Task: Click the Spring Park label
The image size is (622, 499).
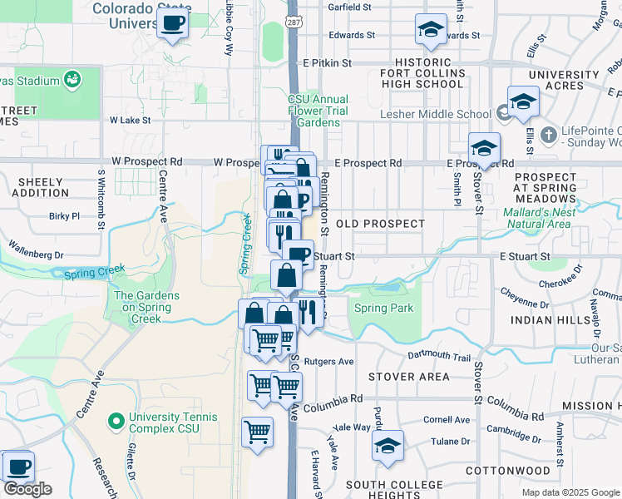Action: pyautogui.click(x=383, y=309)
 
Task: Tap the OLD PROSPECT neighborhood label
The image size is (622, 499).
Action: pyautogui.click(x=379, y=224)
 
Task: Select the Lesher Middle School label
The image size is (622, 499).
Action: pyautogui.click(x=435, y=114)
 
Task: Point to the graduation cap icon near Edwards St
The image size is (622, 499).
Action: pyautogui.click(x=431, y=31)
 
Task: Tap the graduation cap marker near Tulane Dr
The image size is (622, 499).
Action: pyautogui.click(x=387, y=446)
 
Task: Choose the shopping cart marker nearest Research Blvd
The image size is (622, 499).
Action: pyautogui.click(x=258, y=432)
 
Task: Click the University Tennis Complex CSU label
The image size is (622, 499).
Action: pyautogui.click(x=172, y=423)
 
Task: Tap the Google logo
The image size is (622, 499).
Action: pyautogui.click(x=27, y=489)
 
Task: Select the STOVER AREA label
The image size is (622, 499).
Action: pyautogui.click(x=408, y=377)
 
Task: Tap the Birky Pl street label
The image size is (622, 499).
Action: pyautogui.click(x=64, y=215)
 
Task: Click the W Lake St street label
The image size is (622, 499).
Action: pyautogui.click(x=130, y=120)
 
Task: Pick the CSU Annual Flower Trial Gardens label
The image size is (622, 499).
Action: pyautogui.click(x=318, y=111)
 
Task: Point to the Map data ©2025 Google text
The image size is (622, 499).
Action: pyautogui.click(x=571, y=492)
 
